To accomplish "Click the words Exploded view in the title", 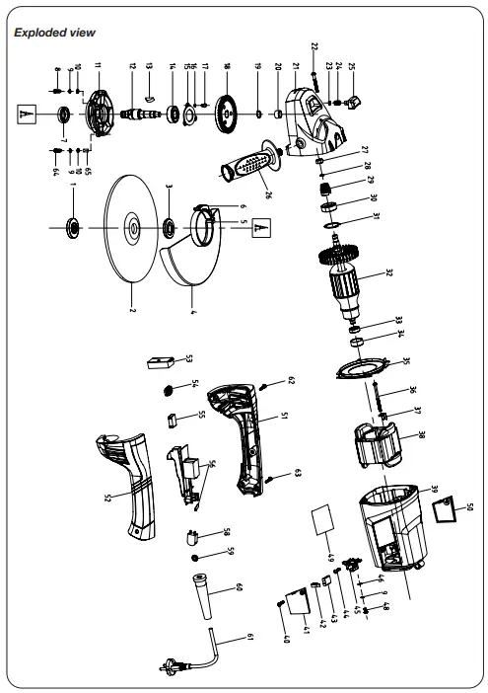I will pos(55,33).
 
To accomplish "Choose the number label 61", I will pos(249,638).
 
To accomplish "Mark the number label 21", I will pos(293,71).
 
